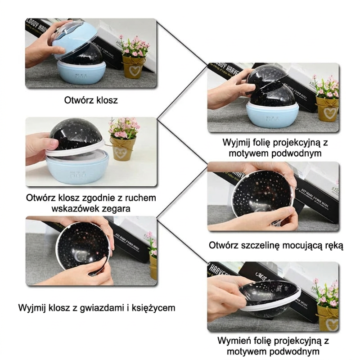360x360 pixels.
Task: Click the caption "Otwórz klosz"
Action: pos(91,100)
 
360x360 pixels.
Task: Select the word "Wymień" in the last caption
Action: pos(233,341)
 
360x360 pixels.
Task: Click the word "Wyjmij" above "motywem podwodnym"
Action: pos(237,142)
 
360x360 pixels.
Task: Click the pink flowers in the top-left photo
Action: pos(133,46)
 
